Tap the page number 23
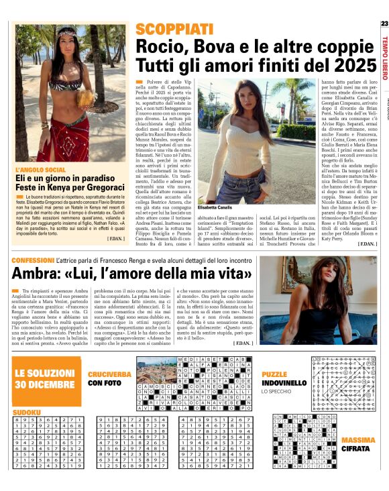tap(383, 24)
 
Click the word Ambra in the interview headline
tap(38, 274)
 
